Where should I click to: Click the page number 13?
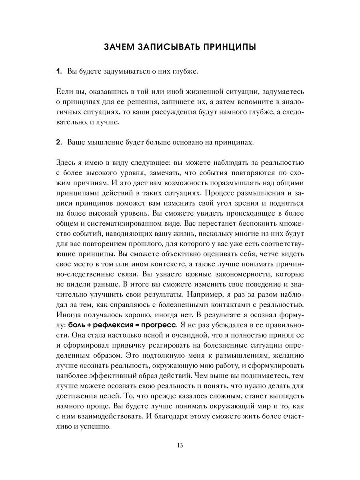[180, 457]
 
